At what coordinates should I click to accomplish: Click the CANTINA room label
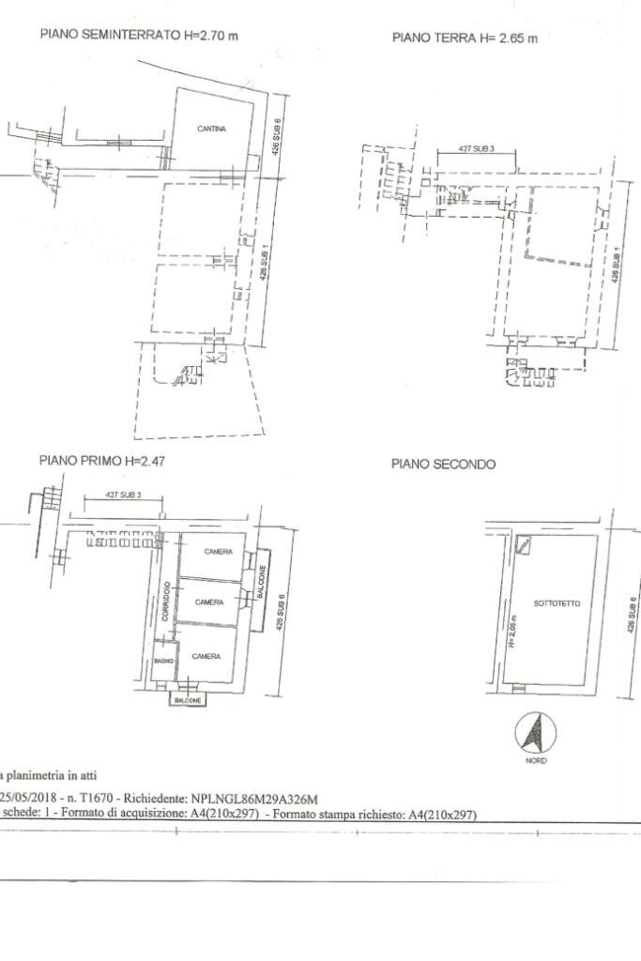211,129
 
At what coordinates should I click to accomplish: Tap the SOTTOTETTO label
557,603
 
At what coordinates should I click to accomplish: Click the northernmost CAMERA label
219,552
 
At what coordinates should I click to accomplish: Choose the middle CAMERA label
209,602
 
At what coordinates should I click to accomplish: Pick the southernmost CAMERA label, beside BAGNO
206,656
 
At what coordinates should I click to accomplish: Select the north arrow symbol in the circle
536,732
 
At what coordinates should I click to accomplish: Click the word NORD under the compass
536,760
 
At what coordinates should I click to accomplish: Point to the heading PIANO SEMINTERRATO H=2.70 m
138,35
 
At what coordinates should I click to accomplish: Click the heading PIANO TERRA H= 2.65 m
465,38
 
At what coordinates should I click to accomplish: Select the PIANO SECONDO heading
444,465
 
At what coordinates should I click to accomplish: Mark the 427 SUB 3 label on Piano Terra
476,149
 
